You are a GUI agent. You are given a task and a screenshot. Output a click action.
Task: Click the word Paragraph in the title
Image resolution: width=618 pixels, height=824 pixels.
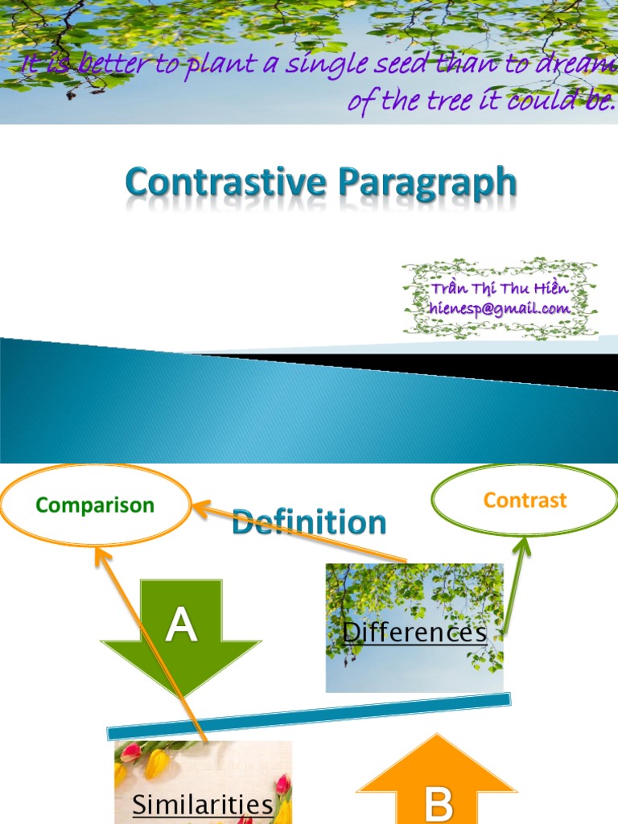(x=426, y=184)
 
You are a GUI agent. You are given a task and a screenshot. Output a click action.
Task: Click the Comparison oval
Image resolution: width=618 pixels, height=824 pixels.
(x=95, y=505)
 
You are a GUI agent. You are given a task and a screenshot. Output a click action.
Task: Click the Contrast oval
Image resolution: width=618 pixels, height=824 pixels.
(x=525, y=501)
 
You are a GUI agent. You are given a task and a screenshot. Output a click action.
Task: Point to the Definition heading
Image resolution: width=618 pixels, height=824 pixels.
(x=309, y=522)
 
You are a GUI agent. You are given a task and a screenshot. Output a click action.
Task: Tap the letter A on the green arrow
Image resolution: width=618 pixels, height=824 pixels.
(x=181, y=626)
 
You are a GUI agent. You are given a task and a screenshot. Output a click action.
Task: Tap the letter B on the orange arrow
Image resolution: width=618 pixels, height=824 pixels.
(x=438, y=802)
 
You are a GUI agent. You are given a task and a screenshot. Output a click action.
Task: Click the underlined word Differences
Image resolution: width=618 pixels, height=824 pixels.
(x=414, y=632)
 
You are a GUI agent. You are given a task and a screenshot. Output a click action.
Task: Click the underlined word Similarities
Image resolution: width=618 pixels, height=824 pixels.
(x=202, y=805)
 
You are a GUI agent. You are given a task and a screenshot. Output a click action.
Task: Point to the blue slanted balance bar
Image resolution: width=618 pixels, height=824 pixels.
(x=309, y=716)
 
